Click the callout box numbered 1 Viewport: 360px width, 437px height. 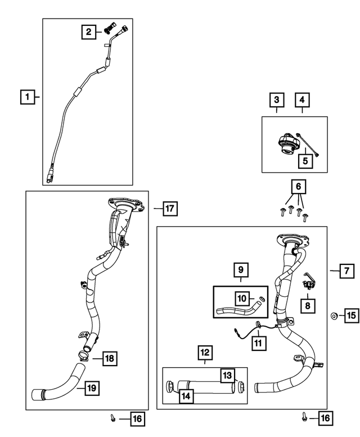tap(28, 97)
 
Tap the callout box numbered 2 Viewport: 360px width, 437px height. tap(89, 31)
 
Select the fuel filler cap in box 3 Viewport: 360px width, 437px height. tap(285, 143)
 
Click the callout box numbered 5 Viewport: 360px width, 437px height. tap(305, 161)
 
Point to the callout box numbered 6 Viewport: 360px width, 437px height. tap(299, 187)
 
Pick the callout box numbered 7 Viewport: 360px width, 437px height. tap(346, 271)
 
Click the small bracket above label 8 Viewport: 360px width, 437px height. tap(309, 282)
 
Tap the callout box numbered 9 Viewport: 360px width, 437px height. tap(241, 269)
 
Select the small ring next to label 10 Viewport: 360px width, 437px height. tap(262, 299)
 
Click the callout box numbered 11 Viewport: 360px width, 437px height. tap(258, 343)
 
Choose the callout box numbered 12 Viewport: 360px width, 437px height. tap(205, 353)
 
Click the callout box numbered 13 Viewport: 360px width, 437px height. tap(227, 375)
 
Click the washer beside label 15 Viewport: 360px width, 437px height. tap(334, 316)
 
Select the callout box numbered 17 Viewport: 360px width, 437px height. tap(170, 209)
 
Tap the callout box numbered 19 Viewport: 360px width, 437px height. tap(92, 388)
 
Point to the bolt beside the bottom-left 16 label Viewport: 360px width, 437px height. tap(113, 418)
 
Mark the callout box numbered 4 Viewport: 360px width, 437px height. tap(302, 100)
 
